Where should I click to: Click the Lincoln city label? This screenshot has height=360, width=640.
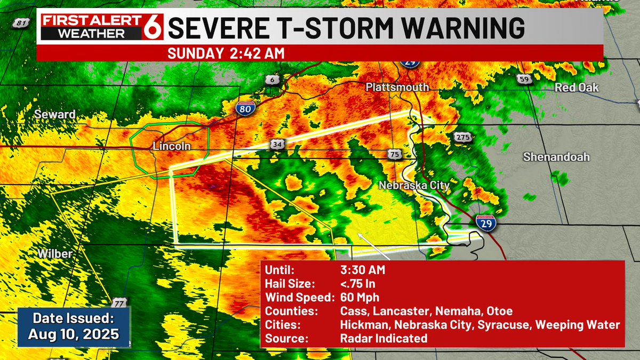click(x=172, y=146)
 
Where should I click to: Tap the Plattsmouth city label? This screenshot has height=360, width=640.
click(x=397, y=87)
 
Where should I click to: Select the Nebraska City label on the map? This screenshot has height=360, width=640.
click(x=414, y=186)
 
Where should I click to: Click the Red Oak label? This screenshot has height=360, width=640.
click(x=577, y=87)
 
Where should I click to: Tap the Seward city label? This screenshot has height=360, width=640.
click(x=55, y=115)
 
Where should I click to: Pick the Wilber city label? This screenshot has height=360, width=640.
click(x=54, y=254)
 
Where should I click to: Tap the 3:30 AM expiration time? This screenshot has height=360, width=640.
click(x=363, y=270)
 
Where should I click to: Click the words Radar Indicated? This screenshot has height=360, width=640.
click(x=383, y=338)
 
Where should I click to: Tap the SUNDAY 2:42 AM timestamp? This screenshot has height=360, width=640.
click(x=226, y=53)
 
